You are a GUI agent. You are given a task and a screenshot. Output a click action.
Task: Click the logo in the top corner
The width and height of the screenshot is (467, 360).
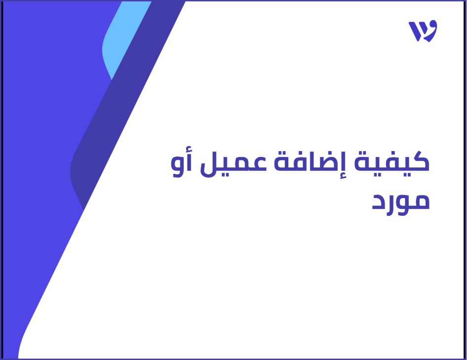click(x=423, y=31)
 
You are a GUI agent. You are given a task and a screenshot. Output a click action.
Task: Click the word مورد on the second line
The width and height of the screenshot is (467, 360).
click(x=400, y=201)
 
